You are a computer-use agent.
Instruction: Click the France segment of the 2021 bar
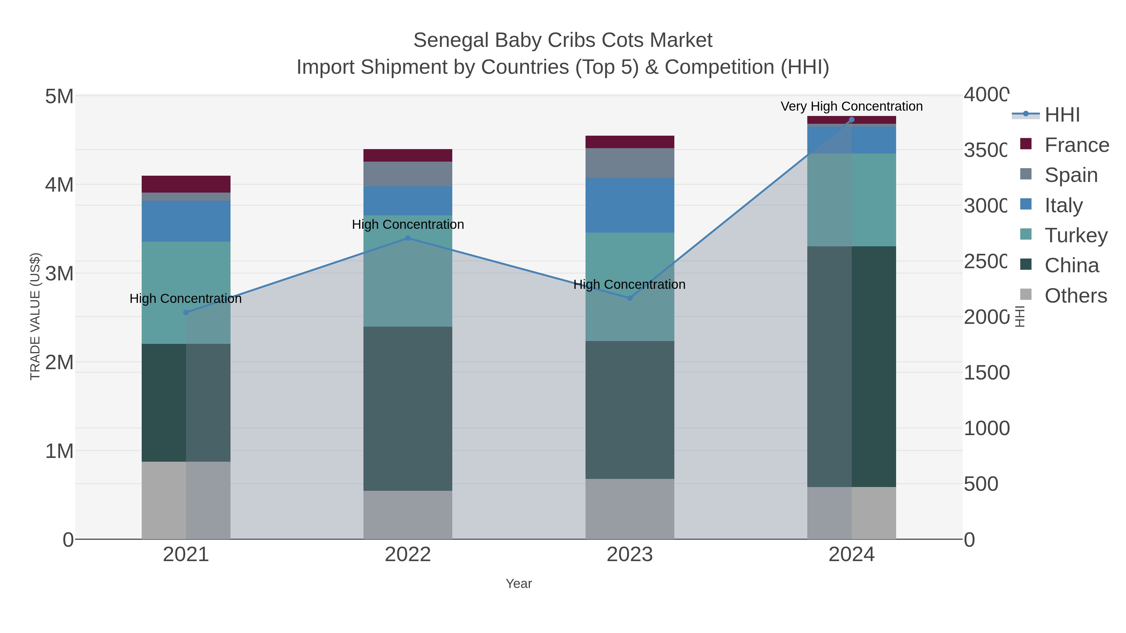(186, 184)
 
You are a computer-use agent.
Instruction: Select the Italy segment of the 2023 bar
(629, 205)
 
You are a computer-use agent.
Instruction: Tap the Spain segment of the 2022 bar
(407, 174)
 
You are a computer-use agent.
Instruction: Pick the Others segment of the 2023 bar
(629, 509)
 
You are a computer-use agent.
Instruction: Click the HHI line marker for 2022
(408, 238)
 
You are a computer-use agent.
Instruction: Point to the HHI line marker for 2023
(629, 298)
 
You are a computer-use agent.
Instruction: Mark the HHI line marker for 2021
(186, 312)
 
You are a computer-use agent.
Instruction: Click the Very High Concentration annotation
(851, 106)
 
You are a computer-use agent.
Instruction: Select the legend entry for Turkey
(1075, 235)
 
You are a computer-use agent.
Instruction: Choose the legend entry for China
(1071, 266)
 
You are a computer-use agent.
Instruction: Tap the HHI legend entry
(1061, 115)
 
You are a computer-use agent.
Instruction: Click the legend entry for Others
(1075, 296)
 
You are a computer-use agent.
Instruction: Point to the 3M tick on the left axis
(59, 274)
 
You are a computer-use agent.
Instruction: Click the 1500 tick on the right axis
(987, 373)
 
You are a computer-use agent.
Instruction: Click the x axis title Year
(518, 584)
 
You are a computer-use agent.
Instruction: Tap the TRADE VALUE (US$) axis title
(35, 316)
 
